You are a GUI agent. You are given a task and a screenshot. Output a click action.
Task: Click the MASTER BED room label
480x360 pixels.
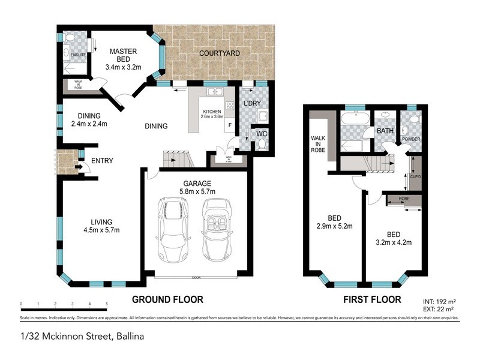(123, 52)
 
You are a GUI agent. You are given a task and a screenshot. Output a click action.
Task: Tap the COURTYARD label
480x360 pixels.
(220, 53)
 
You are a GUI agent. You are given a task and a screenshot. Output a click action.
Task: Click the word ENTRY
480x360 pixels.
(102, 160)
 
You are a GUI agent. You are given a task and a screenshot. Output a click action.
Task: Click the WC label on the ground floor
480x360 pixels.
(262, 133)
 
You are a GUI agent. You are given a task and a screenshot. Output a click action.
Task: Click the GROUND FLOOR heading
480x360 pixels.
(167, 299)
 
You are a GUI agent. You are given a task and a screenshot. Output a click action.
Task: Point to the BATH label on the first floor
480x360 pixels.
(385, 130)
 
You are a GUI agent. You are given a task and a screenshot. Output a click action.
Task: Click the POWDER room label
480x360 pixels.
(411, 139)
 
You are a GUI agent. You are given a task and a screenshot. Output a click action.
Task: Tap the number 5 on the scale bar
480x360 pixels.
(106, 304)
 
